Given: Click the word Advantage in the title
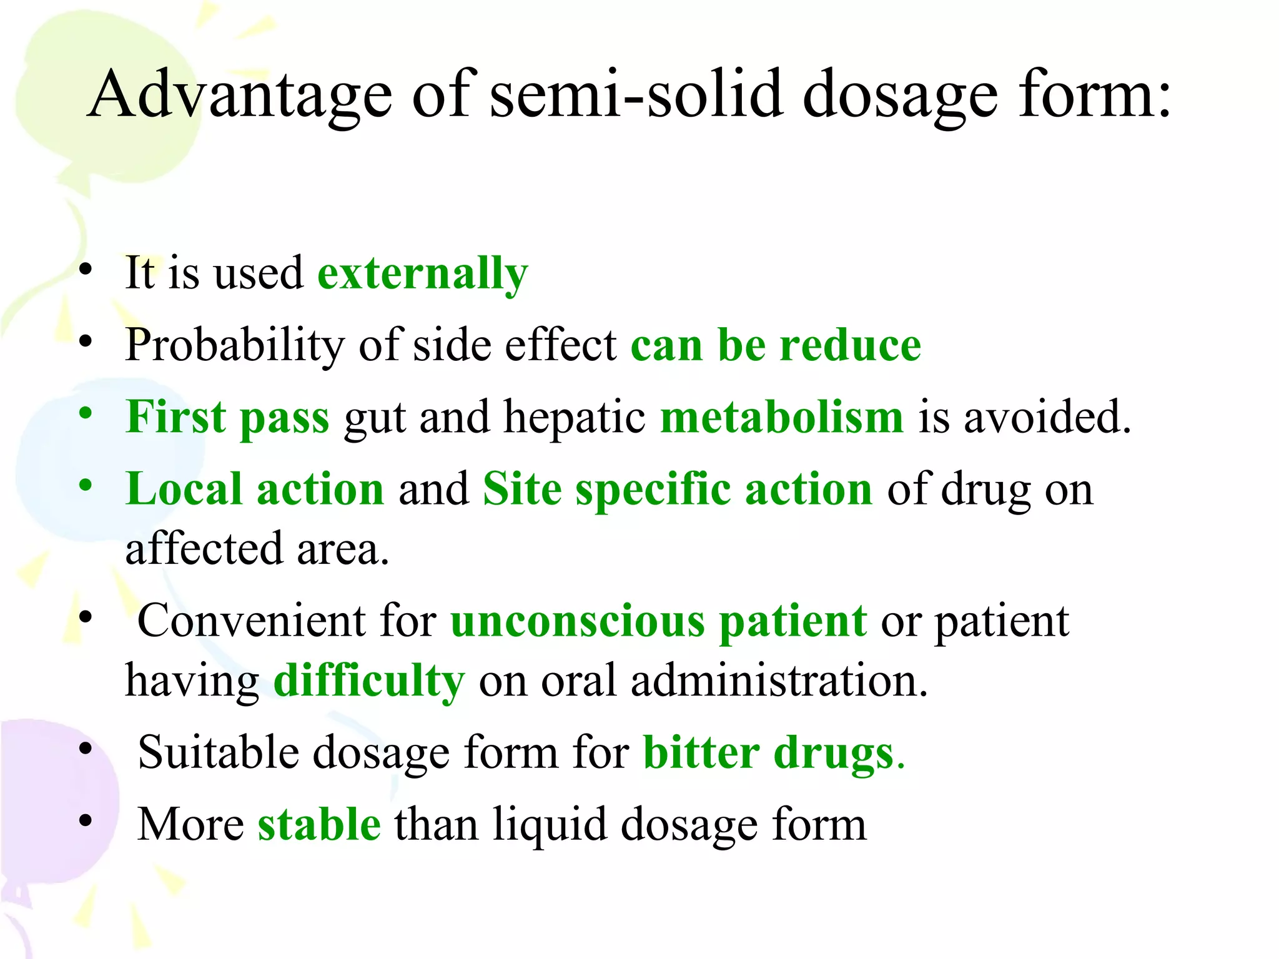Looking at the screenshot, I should pyautogui.click(x=240, y=95).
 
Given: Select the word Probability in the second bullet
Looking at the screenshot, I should pyautogui.click(x=234, y=345).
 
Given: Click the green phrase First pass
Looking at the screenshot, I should pyautogui.click(x=227, y=417).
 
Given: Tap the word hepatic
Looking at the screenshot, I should pyautogui.click(x=575, y=417).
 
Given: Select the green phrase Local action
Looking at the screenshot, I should pyautogui.click(x=255, y=489).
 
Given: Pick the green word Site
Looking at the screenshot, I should pyautogui.click(x=522, y=489).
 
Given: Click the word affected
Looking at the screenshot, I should pyautogui.click(x=204, y=549).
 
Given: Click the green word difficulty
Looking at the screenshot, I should pyautogui.click(x=369, y=681).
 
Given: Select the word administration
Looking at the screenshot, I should pyautogui.click(x=779, y=681).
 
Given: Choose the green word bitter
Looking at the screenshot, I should pyautogui.click(x=701, y=752).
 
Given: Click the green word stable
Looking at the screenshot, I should pyautogui.click(x=319, y=824).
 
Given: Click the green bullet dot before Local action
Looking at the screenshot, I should pyautogui.click(x=86, y=485).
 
